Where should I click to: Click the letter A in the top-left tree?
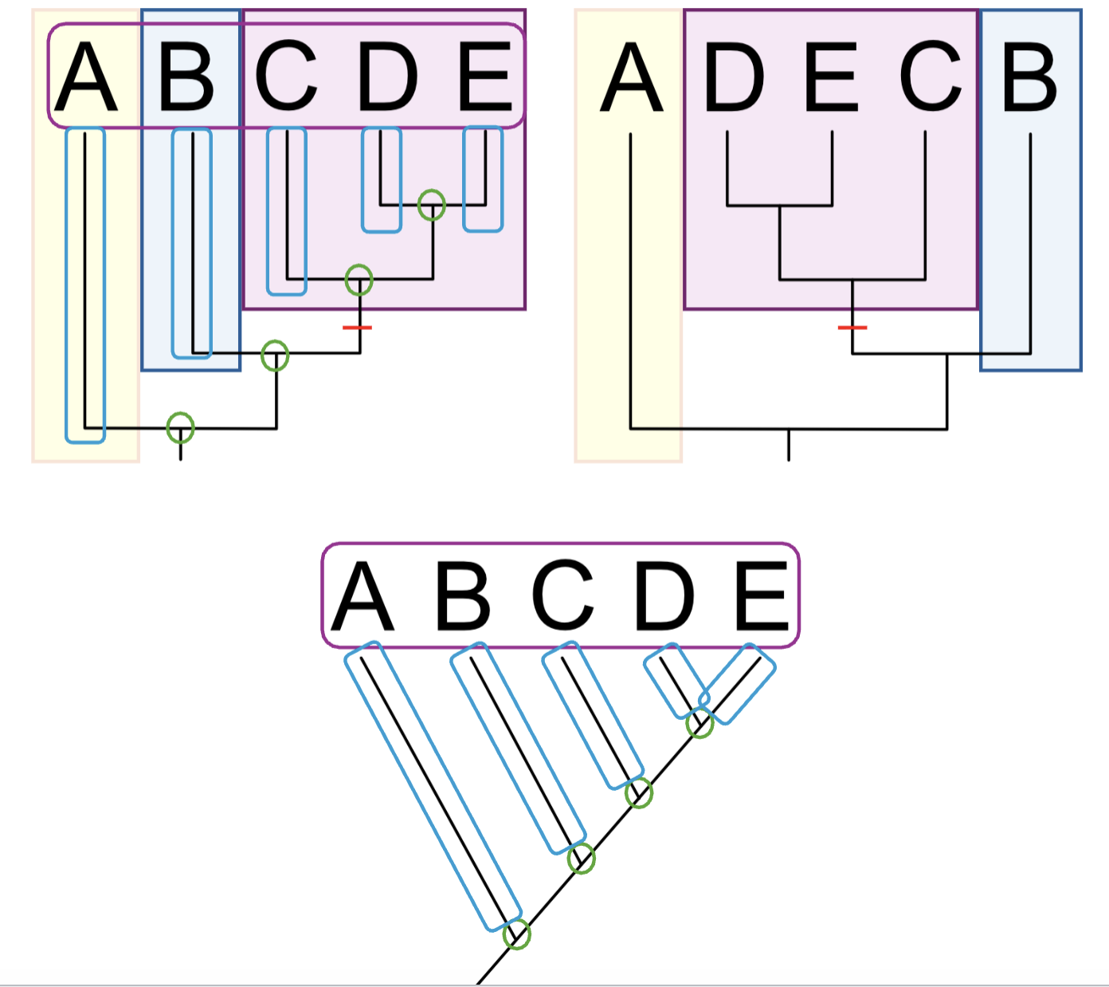click(x=86, y=76)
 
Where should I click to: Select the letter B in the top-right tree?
click(x=1029, y=76)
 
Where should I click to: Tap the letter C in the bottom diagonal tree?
click(x=562, y=594)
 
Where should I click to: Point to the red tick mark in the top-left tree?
click(x=357, y=328)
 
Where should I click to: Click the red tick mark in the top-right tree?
click(x=852, y=328)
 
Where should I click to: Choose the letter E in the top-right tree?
click(x=832, y=76)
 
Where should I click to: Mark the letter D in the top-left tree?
click(x=387, y=76)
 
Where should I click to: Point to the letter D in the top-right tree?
click(x=734, y=76)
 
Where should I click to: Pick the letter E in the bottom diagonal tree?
click(x=762, y=595)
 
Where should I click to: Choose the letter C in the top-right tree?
click(x=931, y=76)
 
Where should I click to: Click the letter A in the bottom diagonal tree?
click(x=362, y=595)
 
